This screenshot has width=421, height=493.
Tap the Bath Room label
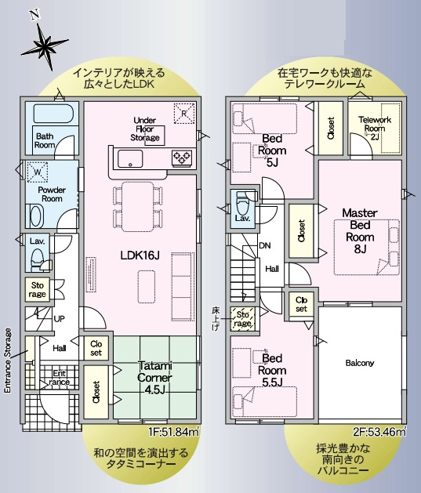[x=44, y=140]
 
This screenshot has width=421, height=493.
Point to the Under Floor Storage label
[x=145, y=129]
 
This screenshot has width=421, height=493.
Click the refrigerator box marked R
[x=184, y=113]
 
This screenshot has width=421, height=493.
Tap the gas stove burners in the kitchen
[x=183, y=158]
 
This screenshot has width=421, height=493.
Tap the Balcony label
[x=360, y=364]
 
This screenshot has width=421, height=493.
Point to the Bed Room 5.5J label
[x=273, y=370]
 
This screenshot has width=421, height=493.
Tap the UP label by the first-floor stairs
[x=59, y=319]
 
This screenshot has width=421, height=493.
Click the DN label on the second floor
[x=266, y=245]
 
